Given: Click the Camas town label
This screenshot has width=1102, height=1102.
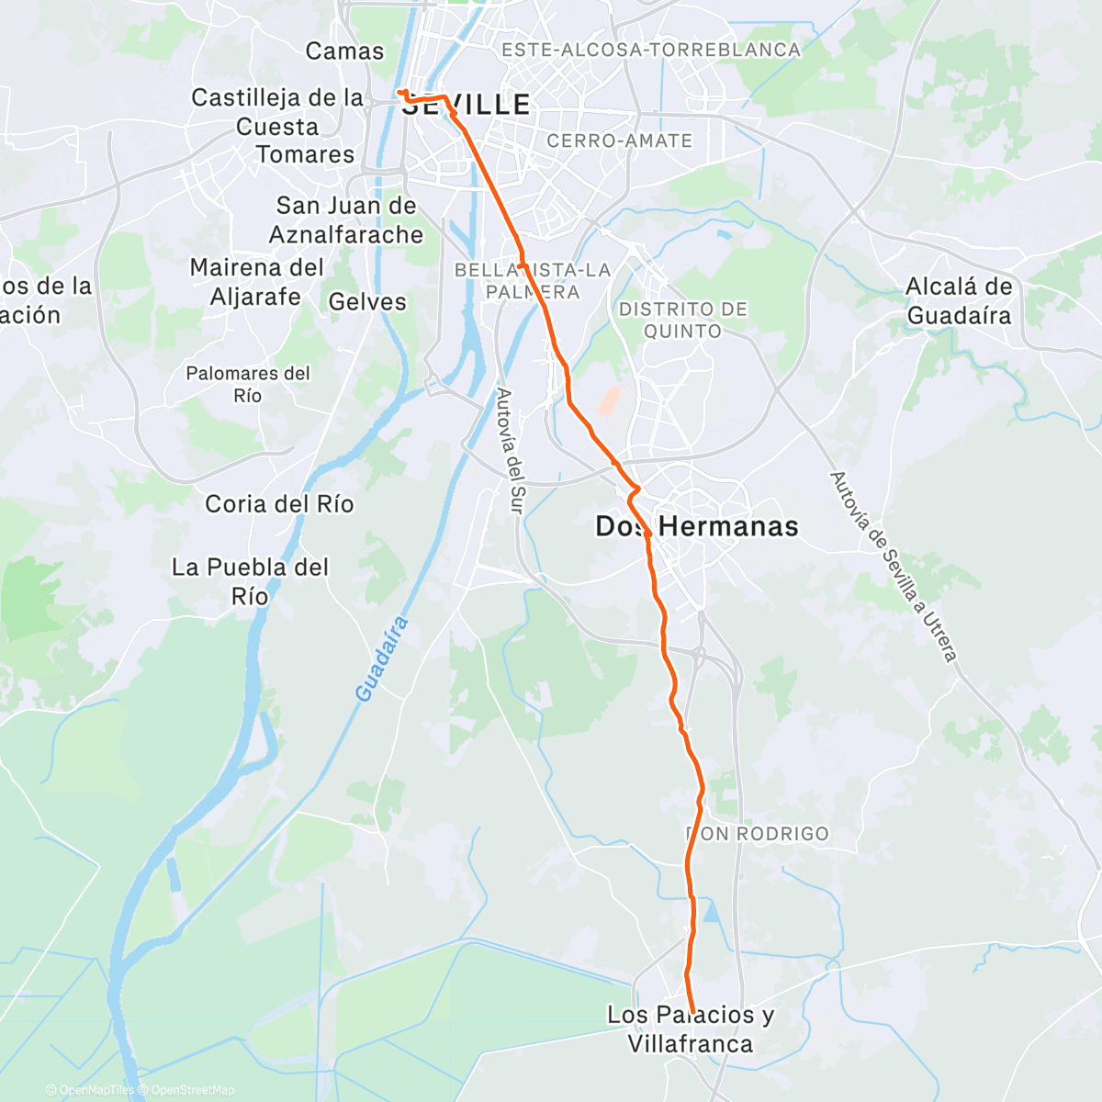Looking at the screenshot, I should pos(344,51).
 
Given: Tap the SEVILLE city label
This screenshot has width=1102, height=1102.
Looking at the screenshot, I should pos(467,106).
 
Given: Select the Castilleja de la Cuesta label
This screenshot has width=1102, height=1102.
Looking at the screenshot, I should pos(277,112).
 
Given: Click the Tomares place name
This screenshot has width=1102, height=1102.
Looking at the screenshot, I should pos(305,154).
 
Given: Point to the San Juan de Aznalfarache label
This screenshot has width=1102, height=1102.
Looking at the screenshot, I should pos(346,220).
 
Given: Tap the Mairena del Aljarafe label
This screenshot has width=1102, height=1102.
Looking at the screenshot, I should pos(256,282).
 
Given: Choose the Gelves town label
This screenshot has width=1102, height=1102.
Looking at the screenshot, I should pos(367,302).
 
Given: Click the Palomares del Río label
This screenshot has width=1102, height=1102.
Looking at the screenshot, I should pos(248,385).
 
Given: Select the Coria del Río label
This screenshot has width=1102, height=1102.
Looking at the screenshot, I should pos(279,504).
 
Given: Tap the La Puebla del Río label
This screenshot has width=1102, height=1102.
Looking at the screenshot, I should pos(250,581).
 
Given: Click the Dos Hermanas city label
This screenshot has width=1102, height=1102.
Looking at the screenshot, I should pos(697,526).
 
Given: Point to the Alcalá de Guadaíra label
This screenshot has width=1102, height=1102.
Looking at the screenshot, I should pos(959,301).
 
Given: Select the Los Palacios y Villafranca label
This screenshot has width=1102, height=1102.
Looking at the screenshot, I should pos(691,1029).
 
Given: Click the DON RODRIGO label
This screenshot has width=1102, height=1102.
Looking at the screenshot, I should pos(758,834).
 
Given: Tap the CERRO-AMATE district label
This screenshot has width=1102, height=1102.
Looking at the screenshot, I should pos(619,141).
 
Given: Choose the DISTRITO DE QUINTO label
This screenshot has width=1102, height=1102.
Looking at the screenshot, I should pos(682,320).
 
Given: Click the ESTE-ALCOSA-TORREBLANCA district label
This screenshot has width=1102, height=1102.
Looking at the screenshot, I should pos(651,51).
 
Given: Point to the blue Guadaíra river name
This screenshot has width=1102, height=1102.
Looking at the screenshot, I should pos(381,660).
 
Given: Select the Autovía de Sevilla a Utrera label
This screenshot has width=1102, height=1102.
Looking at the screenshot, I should pos(893,567).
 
